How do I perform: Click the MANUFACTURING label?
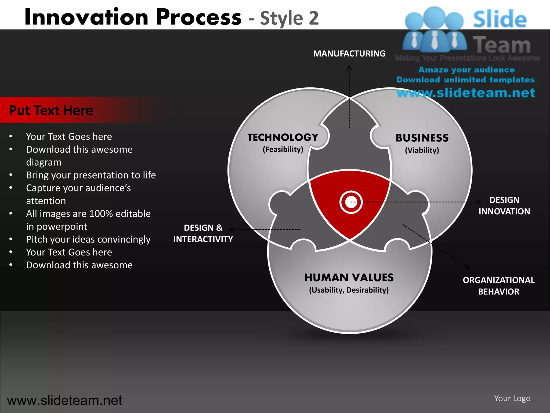[349, 54]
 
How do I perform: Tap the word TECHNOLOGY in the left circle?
[283, 137]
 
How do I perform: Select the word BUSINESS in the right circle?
[422, 138]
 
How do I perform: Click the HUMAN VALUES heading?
[349, 277]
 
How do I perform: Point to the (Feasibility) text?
[283, 149]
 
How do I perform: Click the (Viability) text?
[422, 150]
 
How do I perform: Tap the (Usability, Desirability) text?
[349, 290]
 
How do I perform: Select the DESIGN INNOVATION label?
[504, 206]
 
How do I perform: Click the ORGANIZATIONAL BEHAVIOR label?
[498, 286]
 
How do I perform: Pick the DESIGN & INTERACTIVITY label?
[203, 233]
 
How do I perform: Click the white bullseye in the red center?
[351, 202]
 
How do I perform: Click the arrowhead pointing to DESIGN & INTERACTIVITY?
[231, 229]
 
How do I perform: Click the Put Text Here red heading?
[51, 110]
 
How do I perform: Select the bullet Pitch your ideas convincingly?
[88, 239]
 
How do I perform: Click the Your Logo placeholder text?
[512, 398]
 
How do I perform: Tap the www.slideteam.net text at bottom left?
[64, 400]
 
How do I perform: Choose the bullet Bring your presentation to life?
[91, 175]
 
